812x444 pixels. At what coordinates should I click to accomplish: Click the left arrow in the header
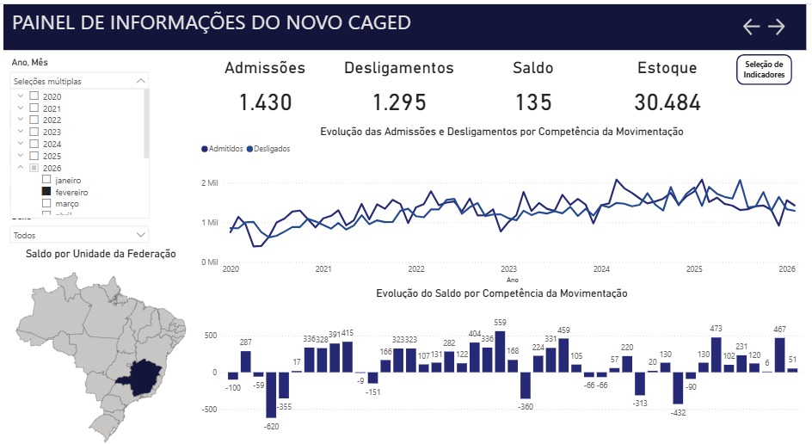[751, 27]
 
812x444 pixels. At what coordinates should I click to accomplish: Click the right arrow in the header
[777, 27]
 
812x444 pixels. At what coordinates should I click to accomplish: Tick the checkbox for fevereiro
[47, 193]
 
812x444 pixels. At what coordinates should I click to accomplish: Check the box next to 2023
[34, 133]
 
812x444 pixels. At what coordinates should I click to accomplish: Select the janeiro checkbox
[47, 180]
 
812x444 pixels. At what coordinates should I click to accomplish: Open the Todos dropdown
[79, 234]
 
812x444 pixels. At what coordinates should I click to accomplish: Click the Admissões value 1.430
[265, 102]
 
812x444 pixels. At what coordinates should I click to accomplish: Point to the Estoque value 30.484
[667, 102]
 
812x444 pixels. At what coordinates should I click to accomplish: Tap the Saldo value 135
[533, 102]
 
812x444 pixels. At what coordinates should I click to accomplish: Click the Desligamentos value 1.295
[399, 102]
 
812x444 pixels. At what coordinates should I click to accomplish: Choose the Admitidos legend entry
[222, 149]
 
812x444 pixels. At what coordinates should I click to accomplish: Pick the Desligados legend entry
[268, 149]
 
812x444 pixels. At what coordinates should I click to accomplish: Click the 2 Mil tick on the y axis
[211, 183]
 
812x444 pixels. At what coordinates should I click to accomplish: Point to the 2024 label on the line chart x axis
[601, 269]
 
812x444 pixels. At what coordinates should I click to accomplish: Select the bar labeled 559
[500, 351]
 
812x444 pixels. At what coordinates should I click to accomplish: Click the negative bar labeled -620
[271, 395]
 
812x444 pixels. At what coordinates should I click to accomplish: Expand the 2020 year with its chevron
[20, 96]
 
